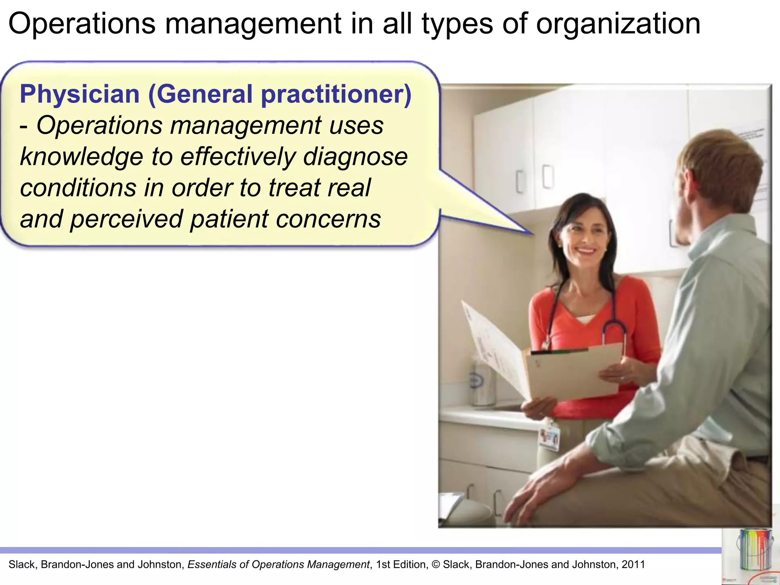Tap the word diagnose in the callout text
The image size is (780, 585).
[x=355, y=157]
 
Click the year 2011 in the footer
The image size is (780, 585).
[x=633, y=564]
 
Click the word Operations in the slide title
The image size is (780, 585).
[x=82, y=24]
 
